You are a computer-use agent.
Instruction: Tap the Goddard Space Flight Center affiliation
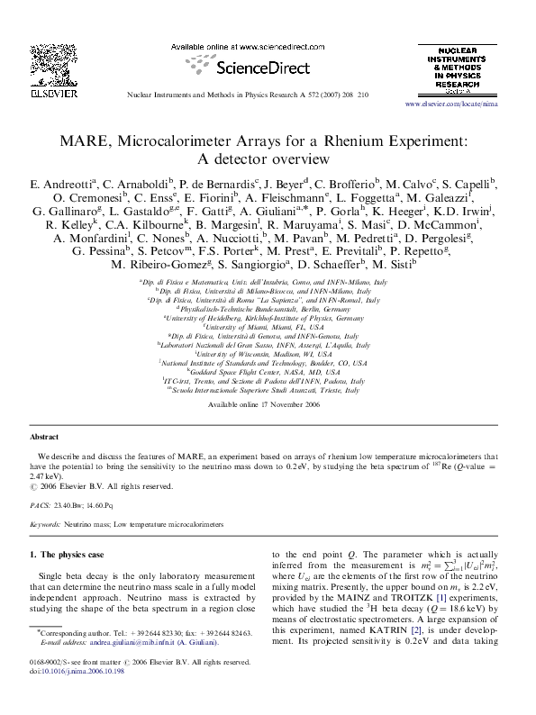(x=268, y=371)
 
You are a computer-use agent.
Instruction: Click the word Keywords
(x=45, y=523)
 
